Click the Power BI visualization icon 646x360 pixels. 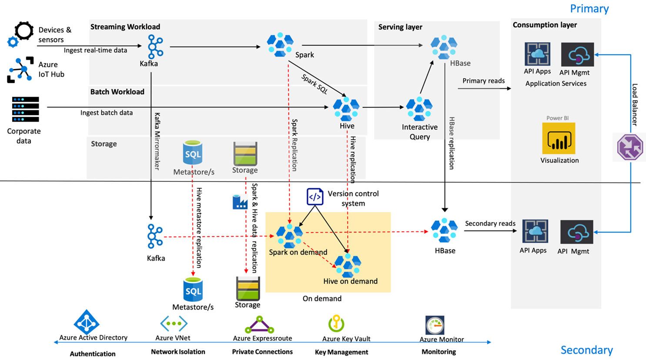point(559,139)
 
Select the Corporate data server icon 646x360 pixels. point(25,110)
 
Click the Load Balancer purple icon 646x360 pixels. point(630,147)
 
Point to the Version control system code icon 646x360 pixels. point(315,197)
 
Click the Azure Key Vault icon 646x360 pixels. point(336,323)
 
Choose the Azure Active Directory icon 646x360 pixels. point(87,322)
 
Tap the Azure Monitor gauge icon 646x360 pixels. point(435,325)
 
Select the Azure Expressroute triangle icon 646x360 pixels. point(259,325)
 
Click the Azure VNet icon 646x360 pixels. point(174,324)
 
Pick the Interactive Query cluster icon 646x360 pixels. point(419,109)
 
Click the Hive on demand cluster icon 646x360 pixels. point(348,265)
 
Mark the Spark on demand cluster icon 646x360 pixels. point(289,236)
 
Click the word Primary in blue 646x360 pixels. point(589,9)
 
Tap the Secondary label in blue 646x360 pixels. point(586,350)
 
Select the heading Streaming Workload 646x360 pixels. point(125,27)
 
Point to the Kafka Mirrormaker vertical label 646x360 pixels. point(157,141)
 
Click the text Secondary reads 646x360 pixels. point(490,223)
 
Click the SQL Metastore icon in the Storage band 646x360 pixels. point(193,153)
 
